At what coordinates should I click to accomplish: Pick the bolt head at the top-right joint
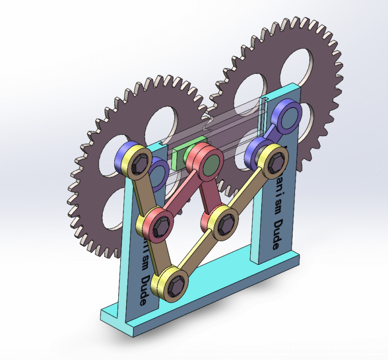click(x=275, y=163)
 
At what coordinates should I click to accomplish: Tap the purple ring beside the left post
click(x=159, y=173)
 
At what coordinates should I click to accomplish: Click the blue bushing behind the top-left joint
click(x=123, y=155)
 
